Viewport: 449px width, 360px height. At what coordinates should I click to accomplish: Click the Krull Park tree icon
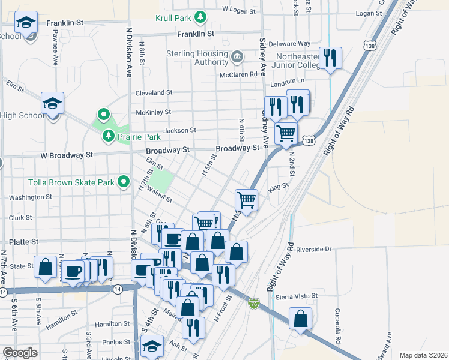point(203,17)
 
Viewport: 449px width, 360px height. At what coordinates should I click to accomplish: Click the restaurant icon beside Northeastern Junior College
point(330,58)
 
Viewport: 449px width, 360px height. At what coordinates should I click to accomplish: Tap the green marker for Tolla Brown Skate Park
point(124,181)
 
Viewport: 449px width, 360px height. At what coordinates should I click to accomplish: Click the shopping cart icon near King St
point(246,200)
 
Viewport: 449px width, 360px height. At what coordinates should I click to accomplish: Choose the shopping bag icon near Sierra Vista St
point(300,319)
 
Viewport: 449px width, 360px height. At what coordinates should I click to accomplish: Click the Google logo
point(20,353)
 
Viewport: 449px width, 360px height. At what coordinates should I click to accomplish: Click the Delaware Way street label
point(289,44)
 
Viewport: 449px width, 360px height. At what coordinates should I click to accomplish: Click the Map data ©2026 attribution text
point(423,355)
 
